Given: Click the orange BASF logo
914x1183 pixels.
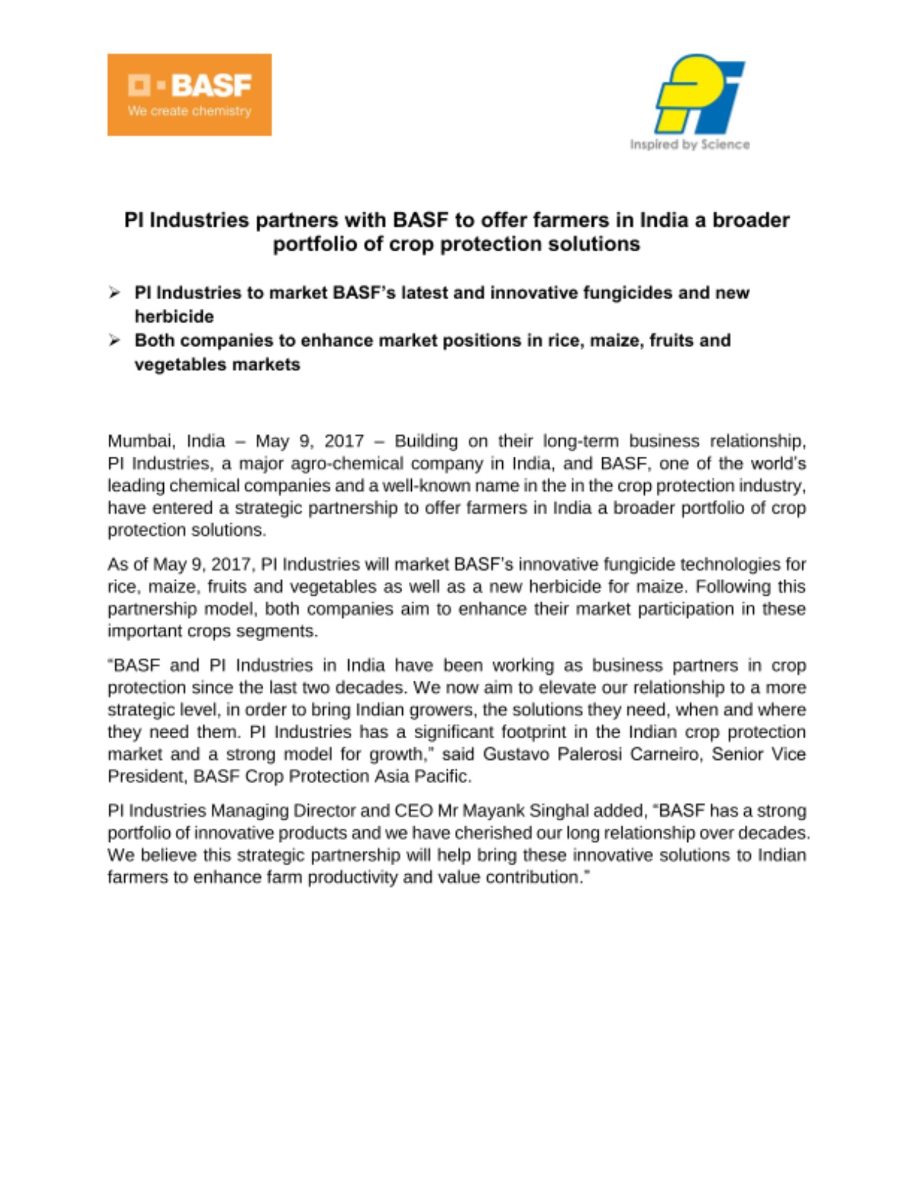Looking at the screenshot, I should point(189,95).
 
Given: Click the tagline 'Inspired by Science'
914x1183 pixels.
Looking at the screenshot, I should point(690,145).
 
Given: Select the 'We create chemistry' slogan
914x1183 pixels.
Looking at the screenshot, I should point(189,111).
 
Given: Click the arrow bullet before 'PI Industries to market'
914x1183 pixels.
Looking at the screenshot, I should point(114,293).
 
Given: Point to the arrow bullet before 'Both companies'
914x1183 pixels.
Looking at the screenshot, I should point(114,340).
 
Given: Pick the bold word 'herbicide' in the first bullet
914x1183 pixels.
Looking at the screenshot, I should point(174,317).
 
